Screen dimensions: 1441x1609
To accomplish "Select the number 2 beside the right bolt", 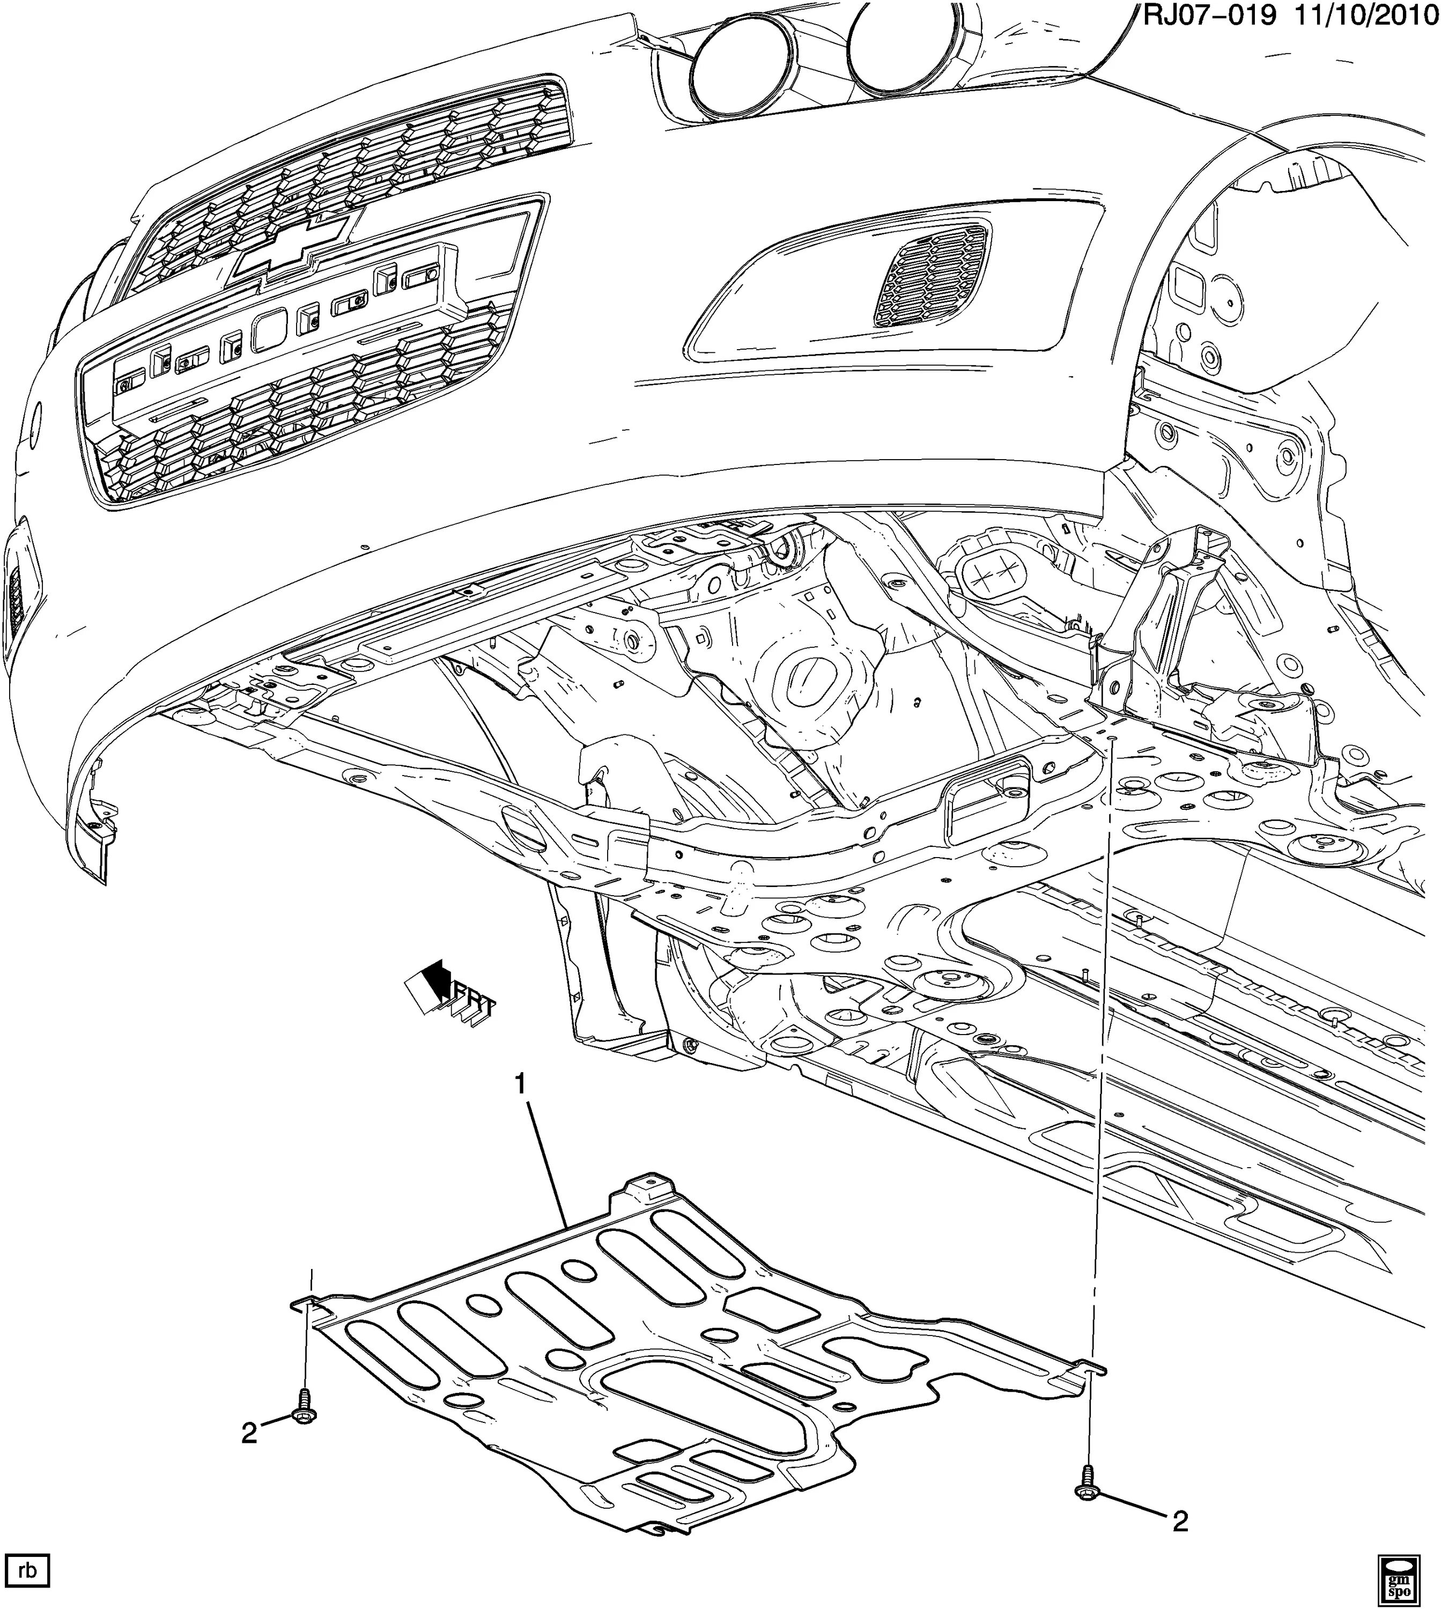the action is [x=1180, y=1521].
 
